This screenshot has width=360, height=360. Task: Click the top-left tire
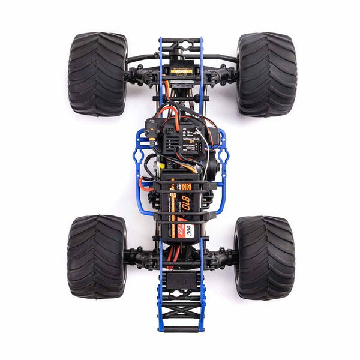pyautogui.click(x=97, y=74)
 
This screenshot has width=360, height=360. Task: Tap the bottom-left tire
pyautogui.click(x=96, y=257)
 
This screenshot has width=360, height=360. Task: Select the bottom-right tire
pyautogui.click(x=264, y=257)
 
